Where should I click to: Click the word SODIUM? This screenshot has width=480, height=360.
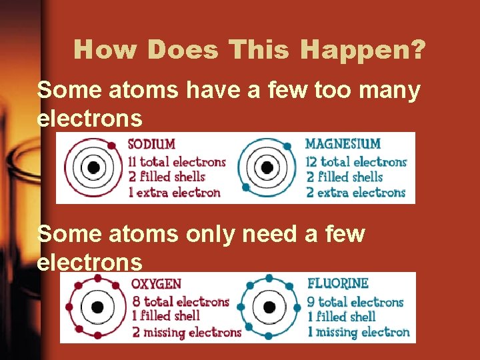tap(151, 144)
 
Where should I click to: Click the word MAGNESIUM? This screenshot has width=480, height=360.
tap(343, 143)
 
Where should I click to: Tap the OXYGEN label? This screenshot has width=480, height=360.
tap(156, 285)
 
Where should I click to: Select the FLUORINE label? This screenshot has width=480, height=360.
tap(337, 284)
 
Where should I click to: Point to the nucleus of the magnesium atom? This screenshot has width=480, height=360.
tap(267, 167)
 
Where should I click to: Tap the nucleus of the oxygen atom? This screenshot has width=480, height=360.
tap(97, 307)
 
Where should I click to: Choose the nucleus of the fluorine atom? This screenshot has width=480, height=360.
tap(269, 307)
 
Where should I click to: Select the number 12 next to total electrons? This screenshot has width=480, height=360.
tap(311, 161)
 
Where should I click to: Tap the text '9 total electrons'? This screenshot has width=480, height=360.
tap(355, 301)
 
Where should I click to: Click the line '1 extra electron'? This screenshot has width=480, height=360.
tap(173, 193)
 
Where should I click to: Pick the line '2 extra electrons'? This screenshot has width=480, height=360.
tap(355, 193)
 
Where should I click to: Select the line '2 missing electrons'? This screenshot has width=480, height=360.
tap(186, 332)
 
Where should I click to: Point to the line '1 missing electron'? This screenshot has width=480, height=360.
tap(359, 332)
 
